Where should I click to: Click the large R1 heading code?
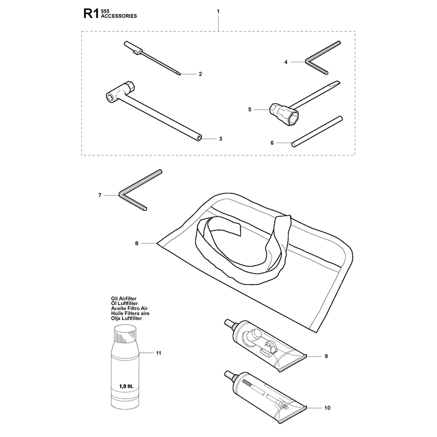click(x=91, y=14)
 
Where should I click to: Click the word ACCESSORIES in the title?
click(x=119, y=16)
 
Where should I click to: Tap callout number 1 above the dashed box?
click(x=218, y=11)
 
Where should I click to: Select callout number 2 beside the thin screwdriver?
click(x=200, y=74)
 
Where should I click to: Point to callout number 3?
click(x=221, y=139)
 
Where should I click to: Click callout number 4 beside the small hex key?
click(x=286, y=62)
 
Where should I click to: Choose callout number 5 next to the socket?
click(x=250, y=110)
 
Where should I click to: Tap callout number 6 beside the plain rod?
click(x=272, y=143)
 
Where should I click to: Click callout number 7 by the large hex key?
click(x=100, y=196)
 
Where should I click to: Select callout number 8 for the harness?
click(x=137, y=244)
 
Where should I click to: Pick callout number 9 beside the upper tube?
click(x=326, y=356)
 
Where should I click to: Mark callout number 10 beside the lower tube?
click(x=327, y=408)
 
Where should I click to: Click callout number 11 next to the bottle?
click(x=158, y=353)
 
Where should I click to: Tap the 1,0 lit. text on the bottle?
click(x=126, y=387)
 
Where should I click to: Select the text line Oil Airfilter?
click(x=124, y=298)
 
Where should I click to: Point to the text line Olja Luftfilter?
click(x=127, y=318)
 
